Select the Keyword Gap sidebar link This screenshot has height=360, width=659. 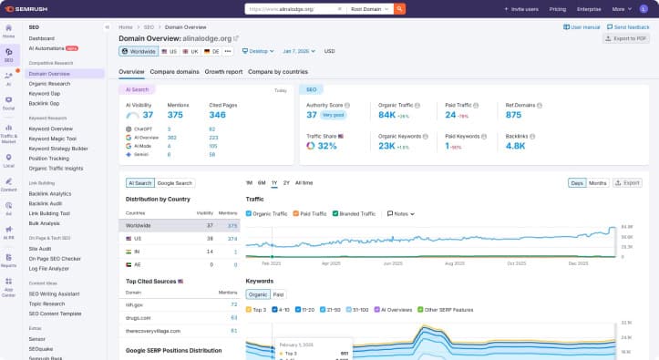[x=44, y=93]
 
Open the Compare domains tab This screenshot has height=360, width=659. [x=175, y=71]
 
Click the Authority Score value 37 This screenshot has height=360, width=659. [x=311, y=115]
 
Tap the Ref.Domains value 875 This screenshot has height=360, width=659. [x=513, y=115]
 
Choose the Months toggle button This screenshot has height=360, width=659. [x=598, y=183]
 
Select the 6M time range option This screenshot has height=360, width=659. [x=262, y=183]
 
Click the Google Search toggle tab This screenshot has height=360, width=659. [x=175, y=183]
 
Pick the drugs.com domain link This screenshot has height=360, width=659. [x=137, y=317]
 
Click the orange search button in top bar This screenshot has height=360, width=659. [x=399, y=8]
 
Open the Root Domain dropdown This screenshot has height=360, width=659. [x=372, y=8]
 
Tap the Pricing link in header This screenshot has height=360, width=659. [x=559, y=8]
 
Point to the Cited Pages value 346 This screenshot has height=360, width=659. [x=217, y=115]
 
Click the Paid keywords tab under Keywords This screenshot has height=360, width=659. [x=278, y=294]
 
